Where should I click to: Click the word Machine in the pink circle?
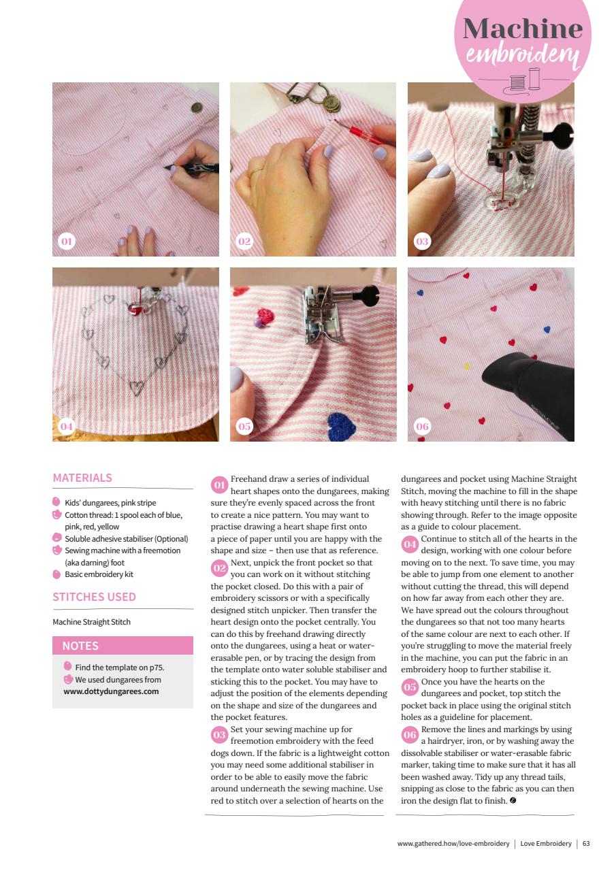(x=523, y=29)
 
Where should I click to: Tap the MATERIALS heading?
(x=82, y=478)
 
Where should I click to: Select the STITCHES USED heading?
(x=94, y=597)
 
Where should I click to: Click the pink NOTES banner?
(x=123, y=646)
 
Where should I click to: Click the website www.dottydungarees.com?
(x=106, y=691)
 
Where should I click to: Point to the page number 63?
(x=586, y=844)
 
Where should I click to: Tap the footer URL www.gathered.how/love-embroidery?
(x=453, y=844)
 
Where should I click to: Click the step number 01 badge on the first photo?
(x=66, y=242)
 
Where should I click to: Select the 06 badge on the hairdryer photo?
(x=422, y=427)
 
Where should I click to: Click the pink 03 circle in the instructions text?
(x=219, y=735)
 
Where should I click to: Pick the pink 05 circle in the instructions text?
(x=410, y=687)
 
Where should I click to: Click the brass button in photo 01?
(x=197, y=107)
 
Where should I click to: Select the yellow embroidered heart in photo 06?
(x=466, y=366)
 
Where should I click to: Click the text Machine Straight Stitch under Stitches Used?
(x=91, y=622)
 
